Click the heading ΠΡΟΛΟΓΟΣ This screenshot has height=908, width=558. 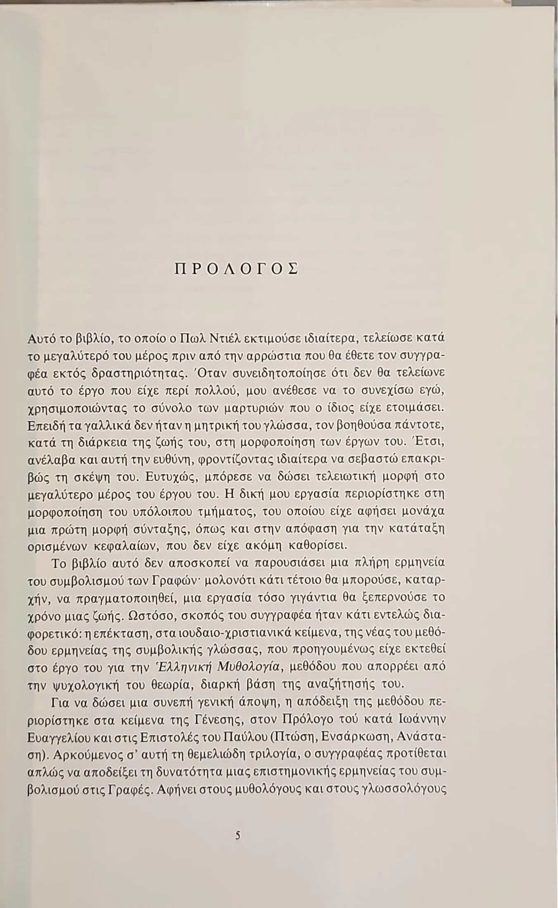click(235, 269)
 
